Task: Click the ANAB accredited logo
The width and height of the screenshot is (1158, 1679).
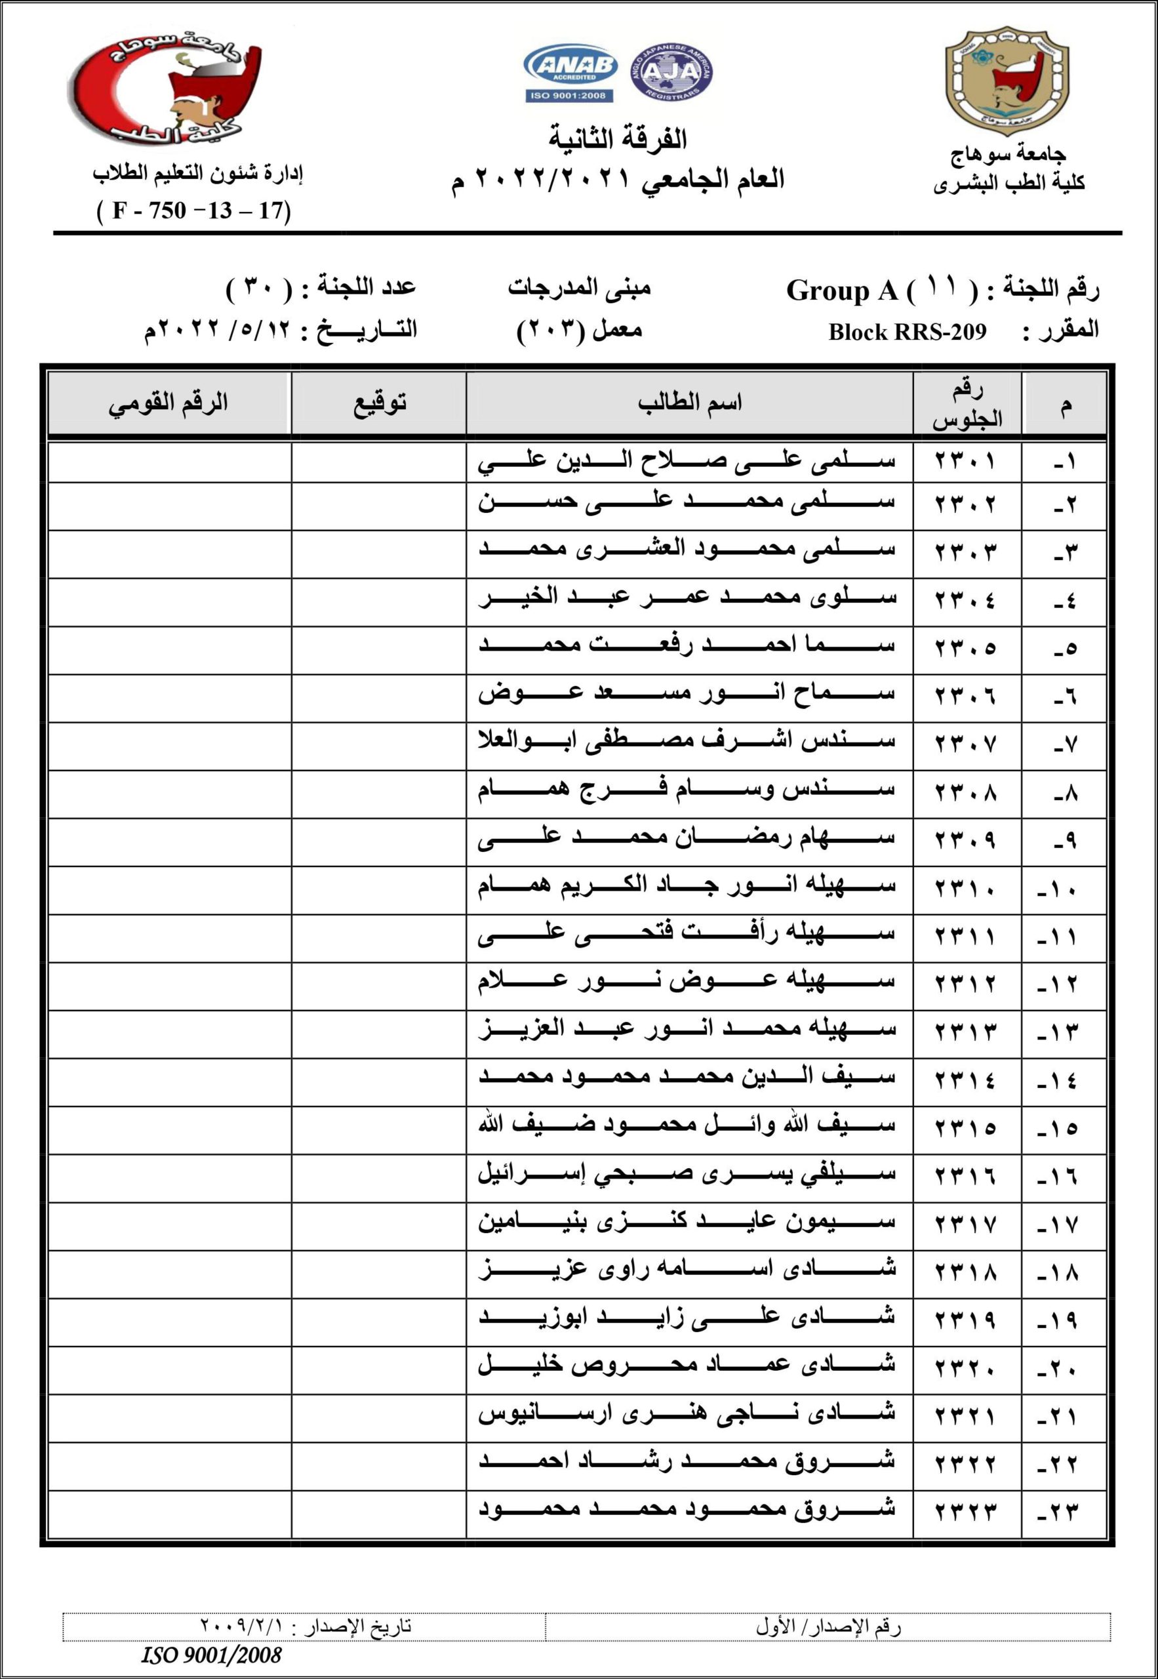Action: (x=570, y=73)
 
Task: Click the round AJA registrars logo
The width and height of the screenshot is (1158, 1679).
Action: (x=671, y=72)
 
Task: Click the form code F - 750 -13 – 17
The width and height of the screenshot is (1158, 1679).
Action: (x=193, y=211)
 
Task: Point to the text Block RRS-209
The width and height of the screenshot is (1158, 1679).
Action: (x=907, y=332)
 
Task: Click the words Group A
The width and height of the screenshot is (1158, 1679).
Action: (x=843, y=291)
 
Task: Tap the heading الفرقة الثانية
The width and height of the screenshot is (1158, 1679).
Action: (x=618, y=138)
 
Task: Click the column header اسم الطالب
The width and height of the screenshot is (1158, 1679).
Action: (x=689, y=403)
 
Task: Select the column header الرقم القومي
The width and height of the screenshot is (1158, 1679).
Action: (x=169, y=403)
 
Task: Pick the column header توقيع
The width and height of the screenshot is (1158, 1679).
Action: (x=379, y=403)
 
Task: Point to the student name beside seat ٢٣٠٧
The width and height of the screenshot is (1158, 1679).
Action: (x=687, y=743)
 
